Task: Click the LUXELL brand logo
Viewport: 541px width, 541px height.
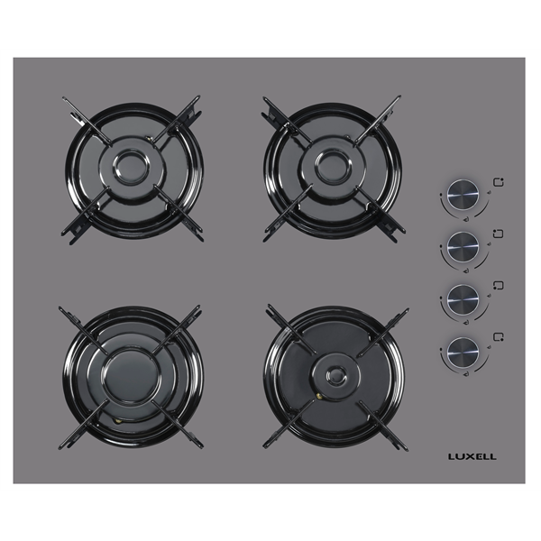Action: (x=472, y=456)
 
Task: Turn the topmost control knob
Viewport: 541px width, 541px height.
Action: (x=463, y=195)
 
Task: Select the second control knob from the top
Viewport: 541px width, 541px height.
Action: (x=463, y=247)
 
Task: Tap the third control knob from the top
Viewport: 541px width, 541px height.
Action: (x=463, y=299)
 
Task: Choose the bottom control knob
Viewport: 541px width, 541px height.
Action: (x=463, y=352)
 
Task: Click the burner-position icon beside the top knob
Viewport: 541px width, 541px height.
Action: (x=499, y=182)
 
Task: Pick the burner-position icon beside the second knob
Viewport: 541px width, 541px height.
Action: (x=499, y=234)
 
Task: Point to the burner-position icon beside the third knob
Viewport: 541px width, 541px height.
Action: (x=499, y=285)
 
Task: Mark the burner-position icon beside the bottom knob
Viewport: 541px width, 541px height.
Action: (x=499, y=336)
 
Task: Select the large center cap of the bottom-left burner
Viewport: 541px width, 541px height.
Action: (x=132, y=375)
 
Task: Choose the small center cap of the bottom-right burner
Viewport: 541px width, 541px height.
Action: (x=336, y=375)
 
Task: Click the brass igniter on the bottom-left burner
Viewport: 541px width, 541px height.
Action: (x=119, y=421)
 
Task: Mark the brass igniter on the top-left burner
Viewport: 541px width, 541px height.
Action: (x=149, y=139)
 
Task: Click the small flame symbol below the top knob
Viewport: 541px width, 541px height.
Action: (x=466, y=219)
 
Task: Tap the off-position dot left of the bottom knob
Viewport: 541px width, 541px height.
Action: (x=441, y=350)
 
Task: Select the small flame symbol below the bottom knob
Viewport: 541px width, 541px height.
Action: (x=466, y=374)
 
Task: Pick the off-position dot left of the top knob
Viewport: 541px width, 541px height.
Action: (x=441, y=194)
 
